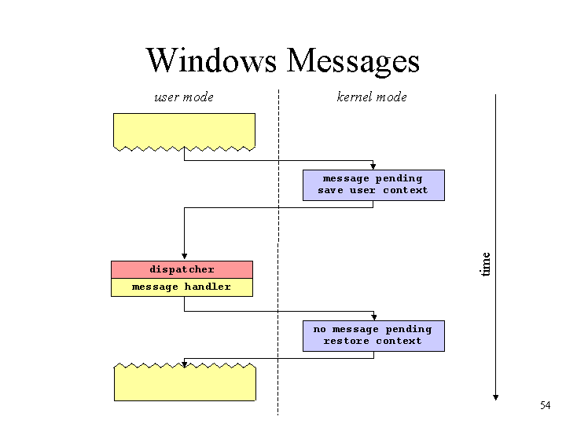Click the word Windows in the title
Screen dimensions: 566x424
(211, 60)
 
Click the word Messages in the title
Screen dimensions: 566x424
(353, 61)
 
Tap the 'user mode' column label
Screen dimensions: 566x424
(184, 97)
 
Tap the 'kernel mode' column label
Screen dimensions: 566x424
(372, 97)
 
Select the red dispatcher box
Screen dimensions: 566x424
(182, 269)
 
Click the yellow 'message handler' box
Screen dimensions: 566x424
(182, 287)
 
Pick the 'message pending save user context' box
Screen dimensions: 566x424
(373, 185)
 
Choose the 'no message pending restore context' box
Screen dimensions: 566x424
(373, 336)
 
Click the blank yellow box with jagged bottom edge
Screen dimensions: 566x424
(184, 131)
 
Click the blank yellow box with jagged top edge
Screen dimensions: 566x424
(185, 383)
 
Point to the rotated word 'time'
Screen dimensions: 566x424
(486, 265)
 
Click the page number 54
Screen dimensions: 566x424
(545, 405)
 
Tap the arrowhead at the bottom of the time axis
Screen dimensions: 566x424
(495, 397)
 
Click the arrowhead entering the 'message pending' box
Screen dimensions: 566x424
(373, 166)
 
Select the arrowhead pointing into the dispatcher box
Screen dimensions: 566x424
(184, 256)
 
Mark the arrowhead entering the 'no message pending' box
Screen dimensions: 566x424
(374, 317)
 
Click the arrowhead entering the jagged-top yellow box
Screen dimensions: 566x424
(184, 364)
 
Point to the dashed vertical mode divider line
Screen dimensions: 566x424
(278, 252)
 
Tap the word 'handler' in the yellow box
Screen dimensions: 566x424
(208, 287)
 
